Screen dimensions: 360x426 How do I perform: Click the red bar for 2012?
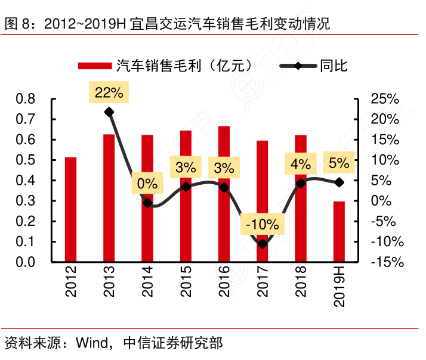(x=70, y=209)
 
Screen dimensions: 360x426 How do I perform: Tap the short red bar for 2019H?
(x=339, y=232)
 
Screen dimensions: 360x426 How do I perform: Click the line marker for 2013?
(x=109, y=112)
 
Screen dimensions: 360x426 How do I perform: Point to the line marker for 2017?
(x=263, y=244)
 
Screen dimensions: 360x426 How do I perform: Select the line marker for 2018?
(x=301, y=183)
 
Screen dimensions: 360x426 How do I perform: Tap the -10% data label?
(x=263, y=225)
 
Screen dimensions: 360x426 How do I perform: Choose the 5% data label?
(x=338, y=162)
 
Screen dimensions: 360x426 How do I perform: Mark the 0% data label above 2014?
(x=147, y=184)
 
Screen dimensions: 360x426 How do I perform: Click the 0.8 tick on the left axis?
(x=26, y=99)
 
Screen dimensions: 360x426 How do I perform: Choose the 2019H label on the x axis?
(x=339, y=287)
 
